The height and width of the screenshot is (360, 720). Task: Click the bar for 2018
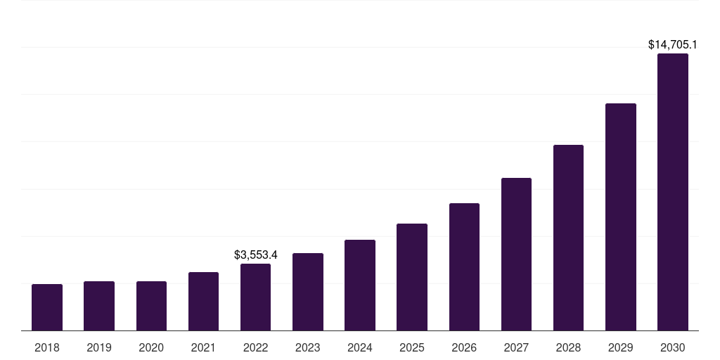tap(47, 307)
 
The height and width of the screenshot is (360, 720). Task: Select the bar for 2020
tap(151, 306)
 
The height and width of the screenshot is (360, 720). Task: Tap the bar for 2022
tap(255, 297)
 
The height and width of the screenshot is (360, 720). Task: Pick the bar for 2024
tap(360, 285)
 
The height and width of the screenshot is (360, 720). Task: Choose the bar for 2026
tap(464, 266)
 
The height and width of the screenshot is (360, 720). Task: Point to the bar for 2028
tap(568, 238)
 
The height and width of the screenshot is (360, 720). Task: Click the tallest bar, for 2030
tap(673, 192)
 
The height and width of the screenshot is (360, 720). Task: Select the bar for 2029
tap(621, 217)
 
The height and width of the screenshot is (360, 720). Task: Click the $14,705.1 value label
tap(673, 45)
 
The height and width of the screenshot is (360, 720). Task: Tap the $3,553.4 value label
tap(255, 255)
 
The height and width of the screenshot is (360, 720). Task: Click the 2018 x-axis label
tap(47, 347)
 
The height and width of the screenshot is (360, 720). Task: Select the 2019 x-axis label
tap(99, 347)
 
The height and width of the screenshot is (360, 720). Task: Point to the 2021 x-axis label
tap(203, 347)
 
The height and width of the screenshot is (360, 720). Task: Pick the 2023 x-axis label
tap(308, 347)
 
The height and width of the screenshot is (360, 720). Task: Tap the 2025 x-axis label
tap(412, 347)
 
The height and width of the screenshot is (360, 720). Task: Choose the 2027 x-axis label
tap(516, 347)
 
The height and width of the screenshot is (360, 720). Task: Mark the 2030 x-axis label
tap(673, 347)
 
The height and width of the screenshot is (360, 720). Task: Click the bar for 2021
tap(203, 301)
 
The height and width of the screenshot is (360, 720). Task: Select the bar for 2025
tap(412, 277)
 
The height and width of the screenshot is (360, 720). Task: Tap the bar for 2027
tap(516, 254)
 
